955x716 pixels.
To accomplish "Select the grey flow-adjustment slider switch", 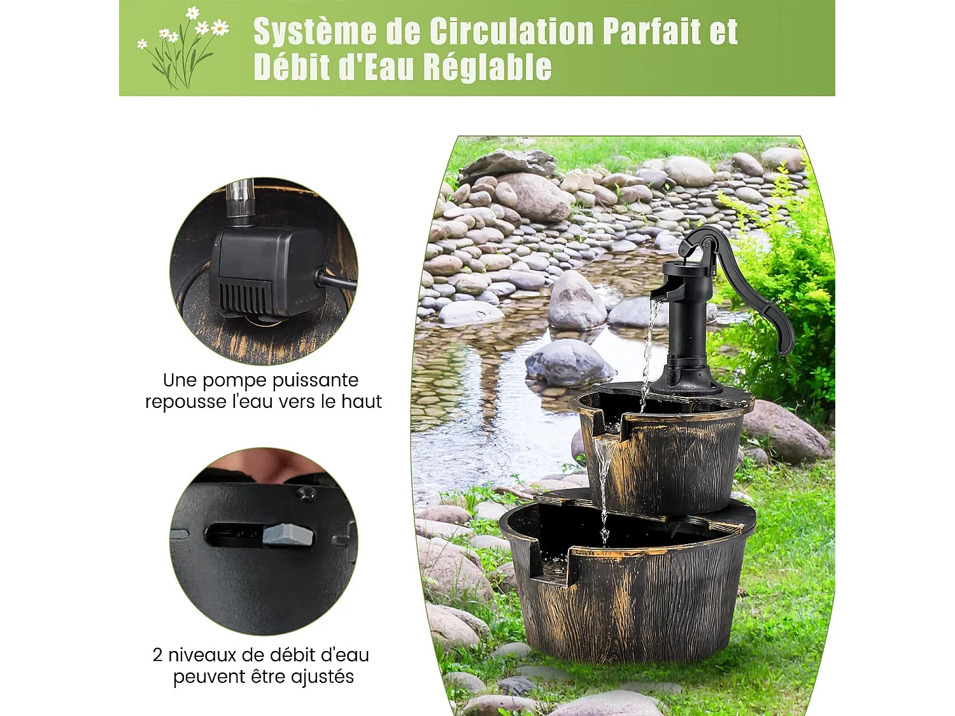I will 289,535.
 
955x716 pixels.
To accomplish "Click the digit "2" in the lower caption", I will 158,655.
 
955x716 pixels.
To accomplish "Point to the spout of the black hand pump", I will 659,293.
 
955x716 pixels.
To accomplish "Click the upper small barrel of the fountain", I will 675,452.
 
